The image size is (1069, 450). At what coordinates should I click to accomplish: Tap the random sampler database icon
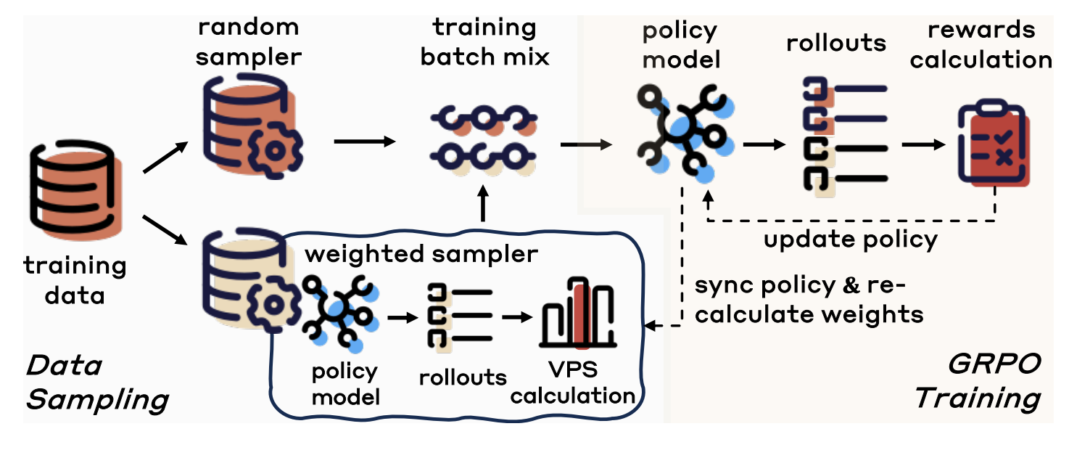click(x=247, y=124)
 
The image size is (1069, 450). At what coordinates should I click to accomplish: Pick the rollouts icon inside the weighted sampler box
click(x=458, y=316)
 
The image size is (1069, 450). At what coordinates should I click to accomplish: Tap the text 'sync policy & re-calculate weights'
click(x=808, y=300)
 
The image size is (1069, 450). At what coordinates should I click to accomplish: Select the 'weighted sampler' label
click(x=421, y=255)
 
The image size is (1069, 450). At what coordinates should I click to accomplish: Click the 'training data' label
click(x=75, y=280)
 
